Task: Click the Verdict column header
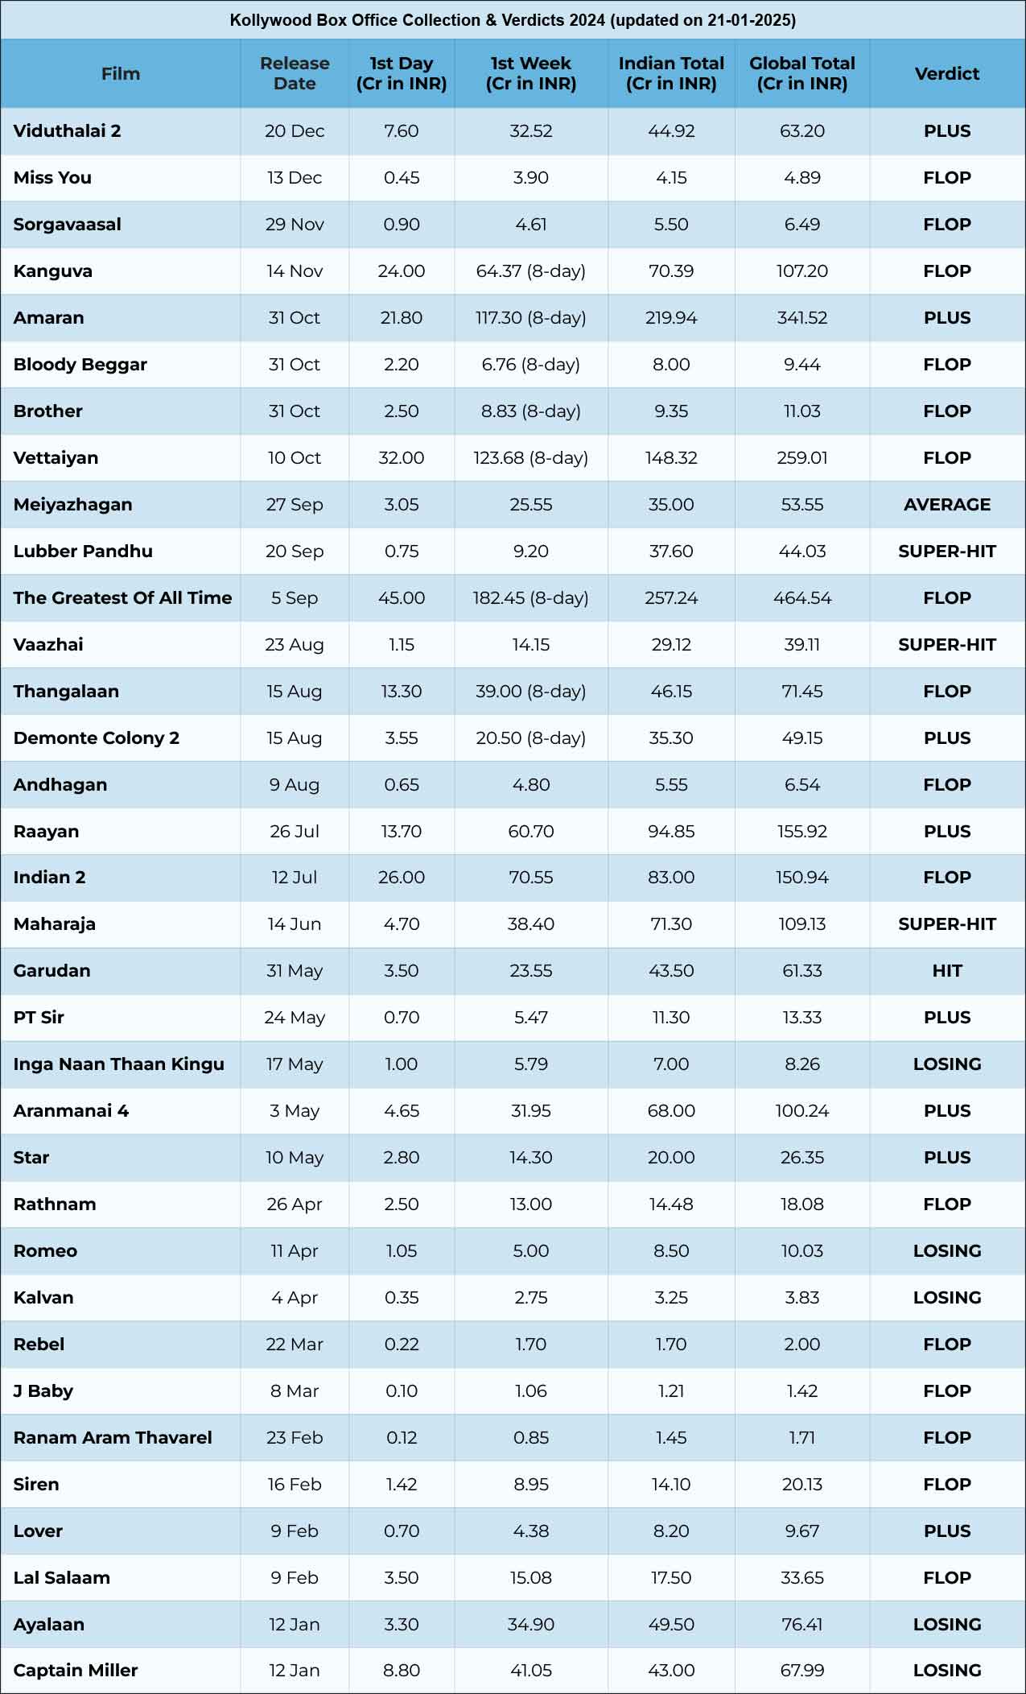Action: [946, 73]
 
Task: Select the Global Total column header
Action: [801, 73]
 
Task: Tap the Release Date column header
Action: [295, 73]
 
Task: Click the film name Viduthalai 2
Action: [67, 131]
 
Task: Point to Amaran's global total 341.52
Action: [801, 318]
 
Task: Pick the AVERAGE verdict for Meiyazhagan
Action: [946, 505]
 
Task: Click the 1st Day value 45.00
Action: [401, 598]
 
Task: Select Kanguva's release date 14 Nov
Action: [295, 271]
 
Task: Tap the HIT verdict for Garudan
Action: [946, 971]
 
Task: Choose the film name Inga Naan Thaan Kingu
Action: [118, 1064]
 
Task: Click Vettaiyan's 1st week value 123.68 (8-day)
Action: [530, 458]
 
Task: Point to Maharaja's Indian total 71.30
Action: [671, 924]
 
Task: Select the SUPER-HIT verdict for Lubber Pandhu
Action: [946, 552]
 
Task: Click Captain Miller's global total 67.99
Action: [801, 1671]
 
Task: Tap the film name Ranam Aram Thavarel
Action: [113, 1438]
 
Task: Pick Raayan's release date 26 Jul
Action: [295, 832]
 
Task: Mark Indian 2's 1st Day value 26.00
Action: [401, 878]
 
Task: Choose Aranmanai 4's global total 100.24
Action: [801, 1111]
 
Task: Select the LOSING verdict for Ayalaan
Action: [946, 1625]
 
